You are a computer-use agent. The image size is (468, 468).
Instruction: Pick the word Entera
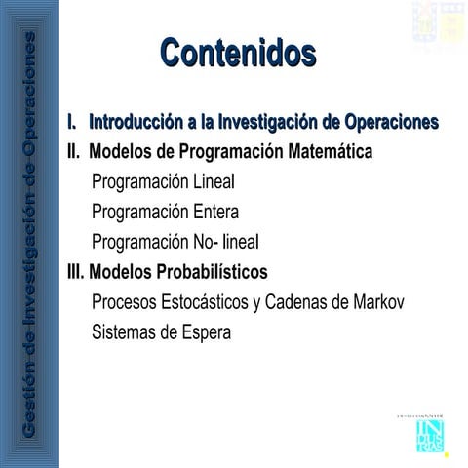pyautogui.click(x=215, y=212)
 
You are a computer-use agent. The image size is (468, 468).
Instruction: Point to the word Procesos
pyautogui.click(x=126, y=302)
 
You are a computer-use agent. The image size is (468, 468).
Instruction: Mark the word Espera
pyautogui.click(x=201, y=332)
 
